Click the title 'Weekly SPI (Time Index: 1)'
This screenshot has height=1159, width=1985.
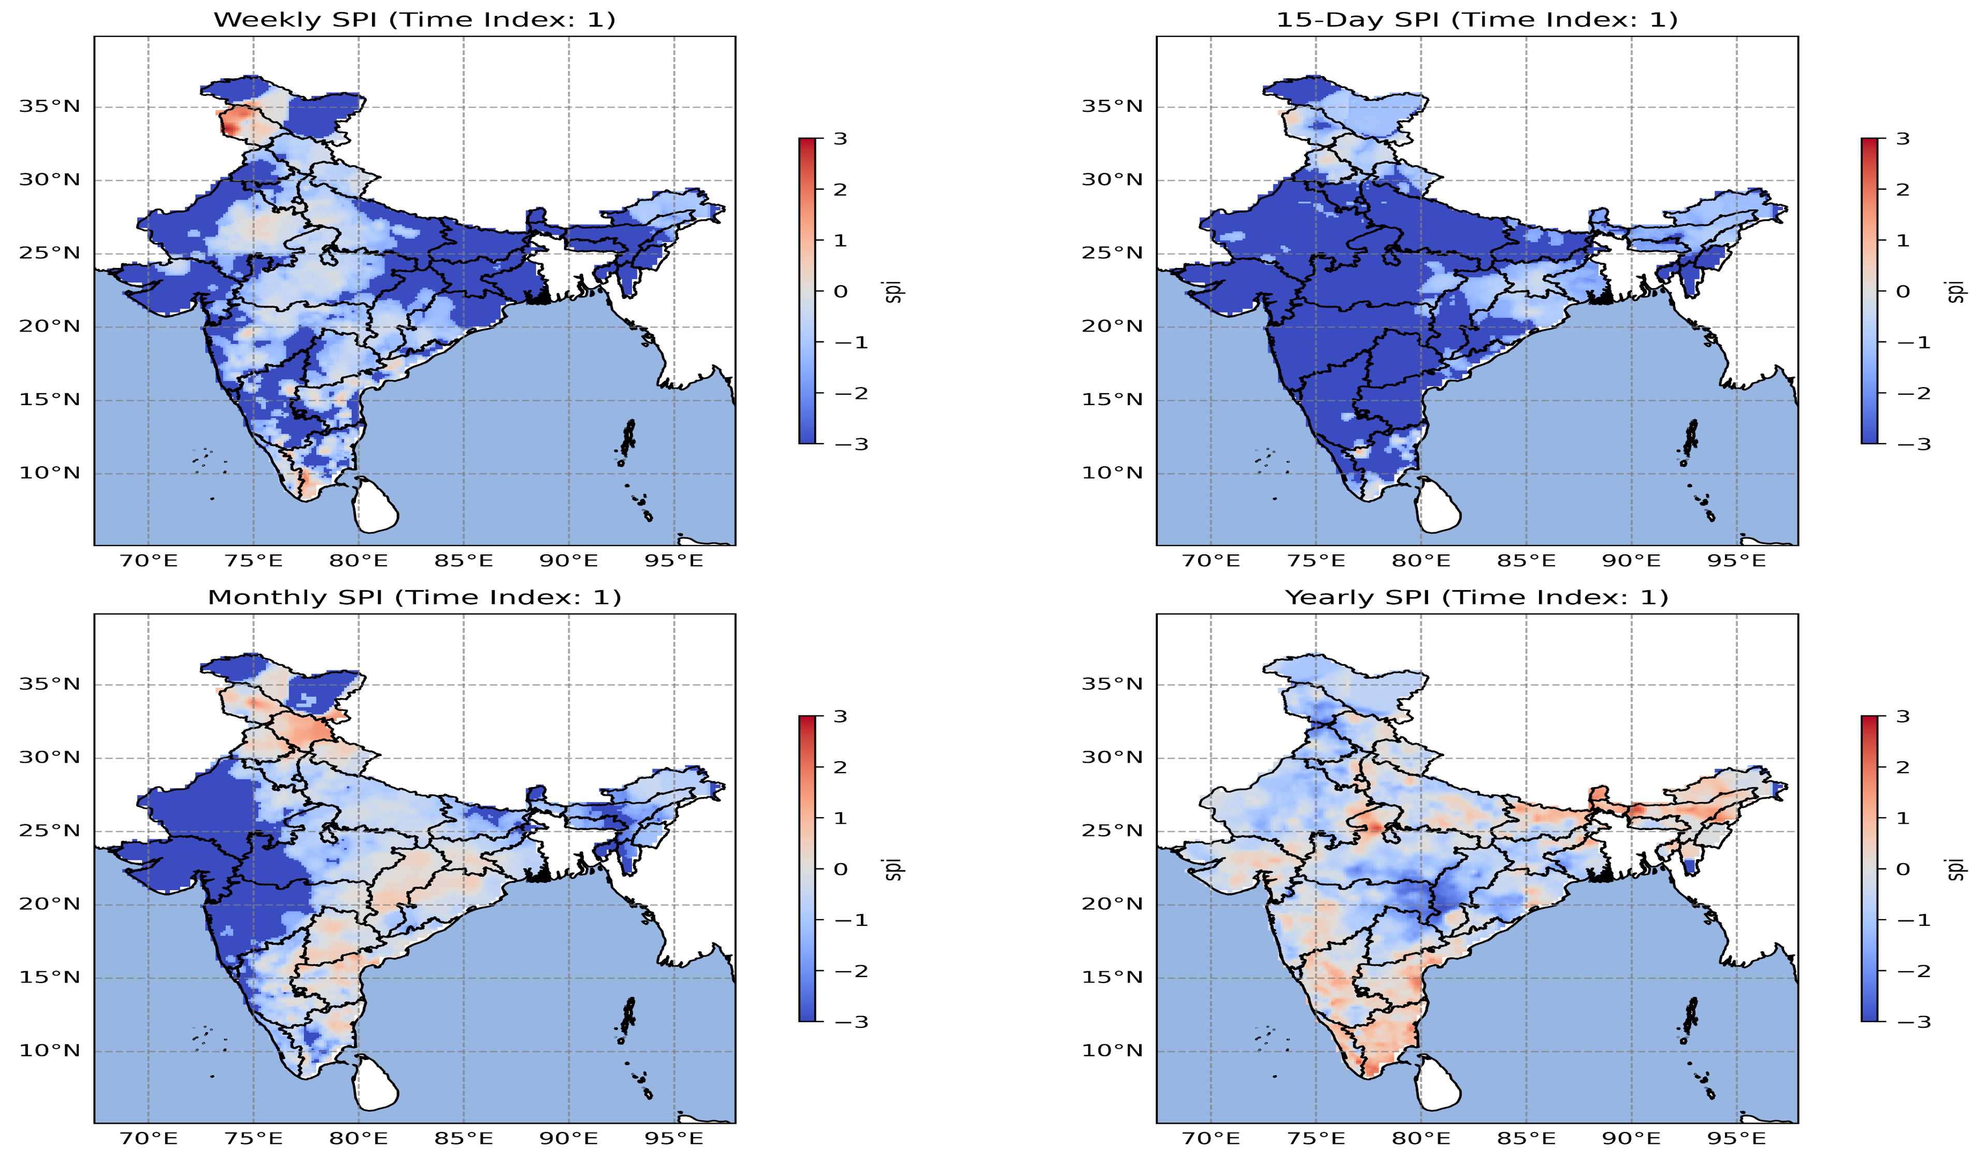click(414, 20)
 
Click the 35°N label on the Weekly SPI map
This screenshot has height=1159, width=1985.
click(50, 106)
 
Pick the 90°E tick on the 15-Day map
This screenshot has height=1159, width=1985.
click(1631, 561)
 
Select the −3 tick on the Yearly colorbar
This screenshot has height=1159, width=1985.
click(1912, 1022)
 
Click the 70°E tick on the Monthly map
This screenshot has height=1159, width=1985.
click(148, 1138)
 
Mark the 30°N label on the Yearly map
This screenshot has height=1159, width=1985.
click(1112, 757)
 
